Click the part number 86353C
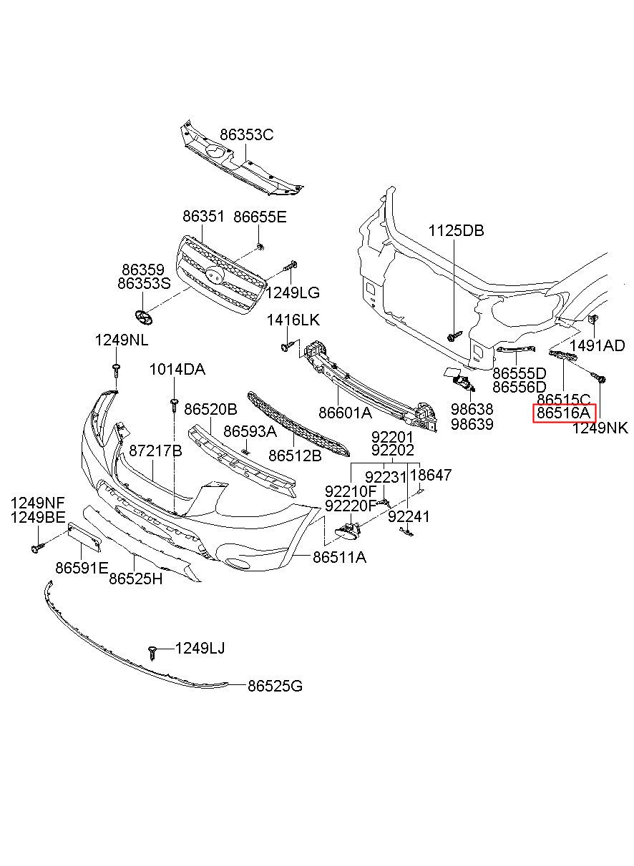click(246, 134)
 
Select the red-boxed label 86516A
click(564, 413)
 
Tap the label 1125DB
click(456, 230)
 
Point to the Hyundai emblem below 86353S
click(142, 318)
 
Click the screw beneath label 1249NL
click(116, 370)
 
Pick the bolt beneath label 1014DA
click(174, 405)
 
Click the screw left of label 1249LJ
click(152, 654)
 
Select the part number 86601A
click(345, 413)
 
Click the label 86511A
click(339, 557)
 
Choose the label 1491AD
click(598, 345)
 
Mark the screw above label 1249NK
click(598, 378)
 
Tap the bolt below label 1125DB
click(454, 335)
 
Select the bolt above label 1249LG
click(290, 266)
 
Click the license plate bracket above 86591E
click(84, 536)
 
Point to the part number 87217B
click(155, 451)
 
